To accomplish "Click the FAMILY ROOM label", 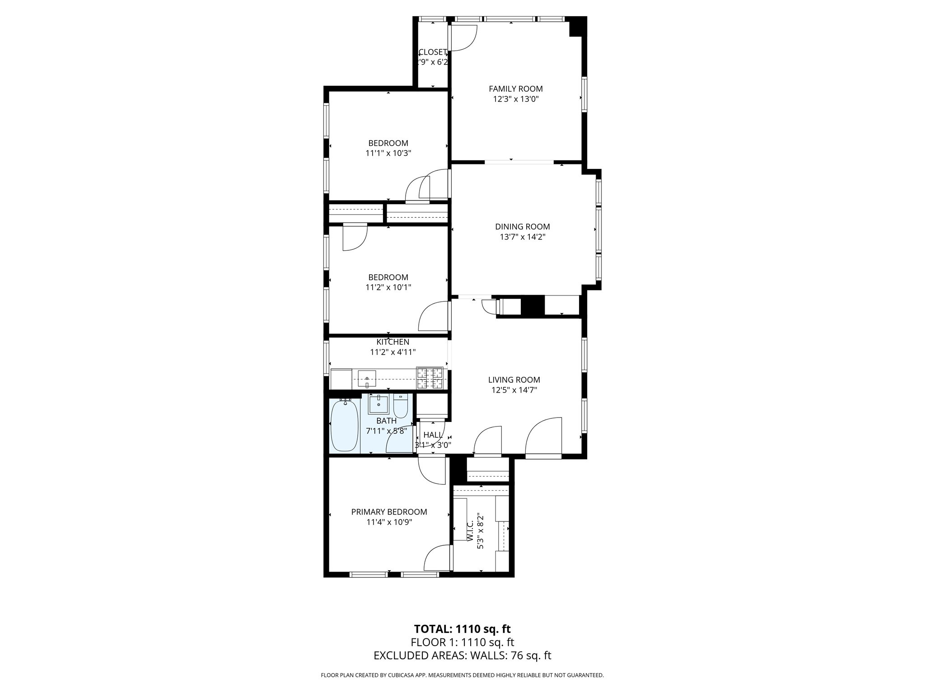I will click(515, 89).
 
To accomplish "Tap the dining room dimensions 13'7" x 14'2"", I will click(523, 237).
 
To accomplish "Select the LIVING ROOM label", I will click(514, 380).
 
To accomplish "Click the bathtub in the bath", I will click(344, 425).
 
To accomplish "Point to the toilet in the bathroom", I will click(401, 406).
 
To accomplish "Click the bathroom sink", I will click(378, 404).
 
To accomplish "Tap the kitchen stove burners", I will click(430, 378).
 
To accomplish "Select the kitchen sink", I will click(367, 378).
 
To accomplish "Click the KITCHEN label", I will click(392, 342).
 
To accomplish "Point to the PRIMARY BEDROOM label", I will click(389, 512).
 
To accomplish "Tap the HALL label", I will click(433, 435).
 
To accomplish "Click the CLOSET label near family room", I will click(433, 52).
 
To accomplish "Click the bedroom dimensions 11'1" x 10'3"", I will click(388, 153).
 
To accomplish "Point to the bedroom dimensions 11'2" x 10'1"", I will click(388, 287).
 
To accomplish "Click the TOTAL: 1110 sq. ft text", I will click(462, 628).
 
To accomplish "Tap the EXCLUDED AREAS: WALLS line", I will click(462, 655).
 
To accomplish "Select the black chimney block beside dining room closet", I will click(533, 305).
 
